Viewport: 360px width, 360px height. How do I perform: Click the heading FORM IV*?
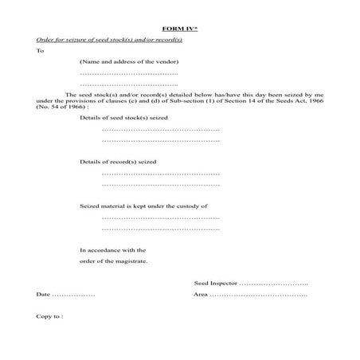(x=179, y=27)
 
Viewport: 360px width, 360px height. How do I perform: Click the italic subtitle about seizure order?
(x=109, y=39)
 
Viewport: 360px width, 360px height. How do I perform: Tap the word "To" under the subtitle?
(x=40, y=50)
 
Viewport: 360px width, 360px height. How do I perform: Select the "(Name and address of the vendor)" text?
(x=129, y=61)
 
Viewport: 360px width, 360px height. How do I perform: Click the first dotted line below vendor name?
(x=129, y=73)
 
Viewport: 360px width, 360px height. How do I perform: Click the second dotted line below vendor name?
(x=129, y=84)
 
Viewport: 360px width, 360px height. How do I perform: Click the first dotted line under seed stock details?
(x=161, y=129)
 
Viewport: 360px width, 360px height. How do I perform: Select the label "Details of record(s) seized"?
(x=119, y=162)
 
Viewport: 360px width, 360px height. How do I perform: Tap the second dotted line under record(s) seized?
(x=161, y=184)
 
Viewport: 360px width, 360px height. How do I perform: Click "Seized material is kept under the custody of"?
(x=143, y=206)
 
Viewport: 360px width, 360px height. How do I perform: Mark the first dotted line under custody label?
(x=161, y=217)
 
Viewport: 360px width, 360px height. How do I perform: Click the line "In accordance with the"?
(x=113, y=250)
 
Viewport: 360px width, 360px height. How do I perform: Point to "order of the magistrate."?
(x=114, y=261)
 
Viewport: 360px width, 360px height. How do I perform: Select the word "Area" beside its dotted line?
(x=201, y=295)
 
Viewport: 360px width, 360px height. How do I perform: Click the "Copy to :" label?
(x=49, y=316)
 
